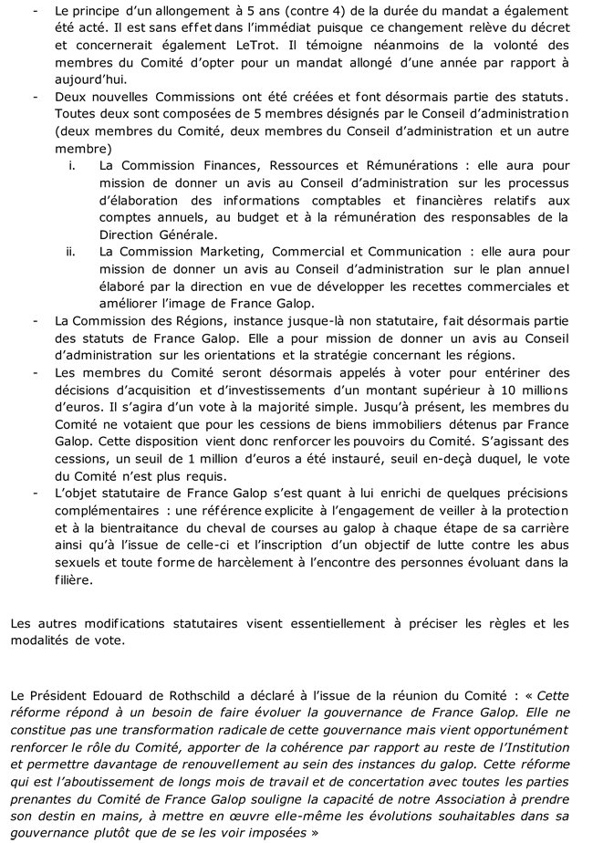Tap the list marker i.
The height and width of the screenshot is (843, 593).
(72, 165)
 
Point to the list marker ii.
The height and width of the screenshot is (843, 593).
(72, 251)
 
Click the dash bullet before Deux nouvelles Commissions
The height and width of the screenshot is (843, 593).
(35, 97)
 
